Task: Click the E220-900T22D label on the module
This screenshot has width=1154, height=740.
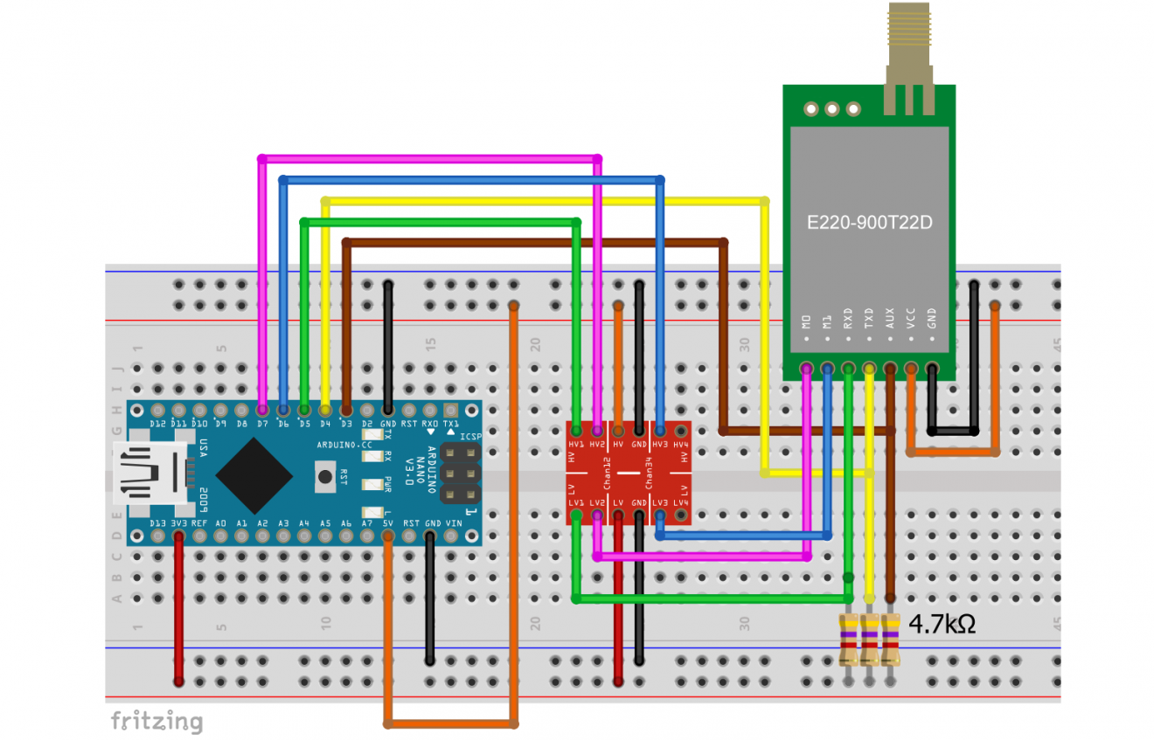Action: click(869, 223)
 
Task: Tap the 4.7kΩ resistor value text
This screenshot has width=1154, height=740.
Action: click(942, 625)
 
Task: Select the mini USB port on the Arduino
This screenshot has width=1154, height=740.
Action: click(149, 474)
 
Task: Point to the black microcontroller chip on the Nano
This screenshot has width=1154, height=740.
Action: click(254, 475)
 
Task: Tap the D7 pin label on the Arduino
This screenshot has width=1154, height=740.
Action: click(262, 424)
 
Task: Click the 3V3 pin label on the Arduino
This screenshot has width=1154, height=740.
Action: click(179, 523)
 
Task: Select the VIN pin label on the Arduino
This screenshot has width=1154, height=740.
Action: click(453, 523)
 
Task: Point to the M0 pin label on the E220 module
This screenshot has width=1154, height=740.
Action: click(806, 321)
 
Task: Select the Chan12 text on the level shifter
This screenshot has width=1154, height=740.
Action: click(608, 474)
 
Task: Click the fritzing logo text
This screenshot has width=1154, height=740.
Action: click(156, 721)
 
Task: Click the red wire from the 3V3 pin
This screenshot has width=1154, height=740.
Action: click(178, 612)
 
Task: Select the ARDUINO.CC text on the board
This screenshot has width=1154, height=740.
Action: click(344, 445)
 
